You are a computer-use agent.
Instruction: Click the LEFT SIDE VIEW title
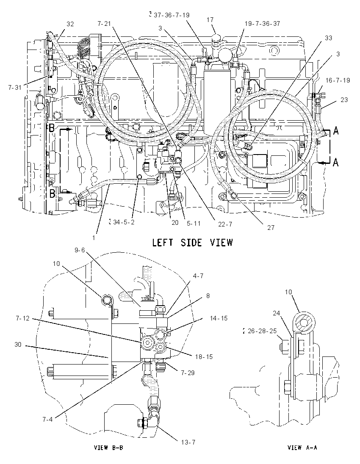[192, 243]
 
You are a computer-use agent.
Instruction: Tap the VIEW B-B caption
[108, 447]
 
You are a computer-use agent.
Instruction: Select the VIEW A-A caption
[302, 447]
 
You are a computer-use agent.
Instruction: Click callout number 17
[210, 20]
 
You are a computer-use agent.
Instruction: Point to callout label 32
[70, 24]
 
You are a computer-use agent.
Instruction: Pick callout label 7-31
[15, 87]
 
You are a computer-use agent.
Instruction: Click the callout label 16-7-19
[338, 80]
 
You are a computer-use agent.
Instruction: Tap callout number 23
[344, 100]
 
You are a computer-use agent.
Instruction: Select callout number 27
[271, 227]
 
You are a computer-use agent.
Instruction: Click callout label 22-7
[225, 224]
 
